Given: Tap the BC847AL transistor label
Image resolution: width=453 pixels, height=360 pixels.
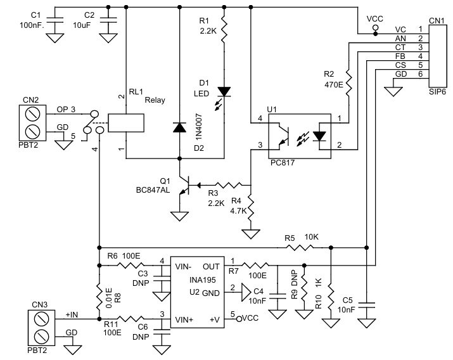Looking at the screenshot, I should (152, 189).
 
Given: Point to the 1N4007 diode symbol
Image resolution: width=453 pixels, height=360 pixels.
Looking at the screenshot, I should (181, 127).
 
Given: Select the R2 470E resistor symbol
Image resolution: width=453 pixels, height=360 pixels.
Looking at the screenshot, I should (348, 81).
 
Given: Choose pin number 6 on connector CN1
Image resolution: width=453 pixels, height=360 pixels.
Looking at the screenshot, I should (420, 74).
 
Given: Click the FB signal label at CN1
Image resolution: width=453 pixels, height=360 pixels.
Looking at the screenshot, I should (400, 56).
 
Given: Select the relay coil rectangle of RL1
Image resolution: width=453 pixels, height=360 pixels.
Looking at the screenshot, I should (127, 123).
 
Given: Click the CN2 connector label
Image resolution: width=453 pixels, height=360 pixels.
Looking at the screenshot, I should (31, 99).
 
